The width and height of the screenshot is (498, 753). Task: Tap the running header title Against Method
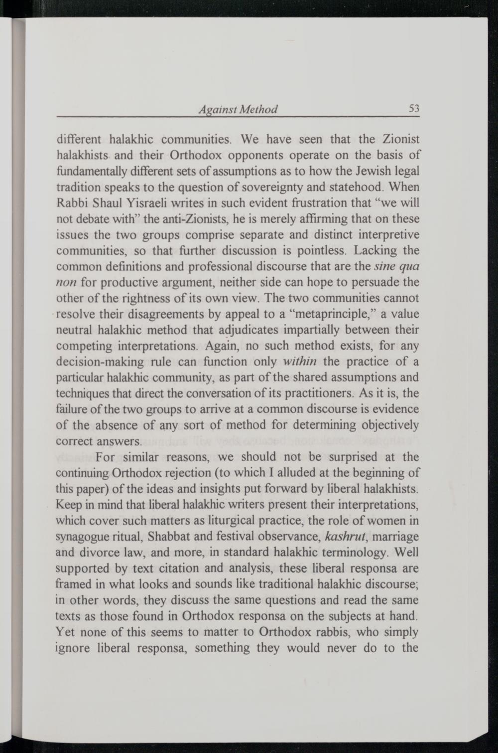pos(238,109)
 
